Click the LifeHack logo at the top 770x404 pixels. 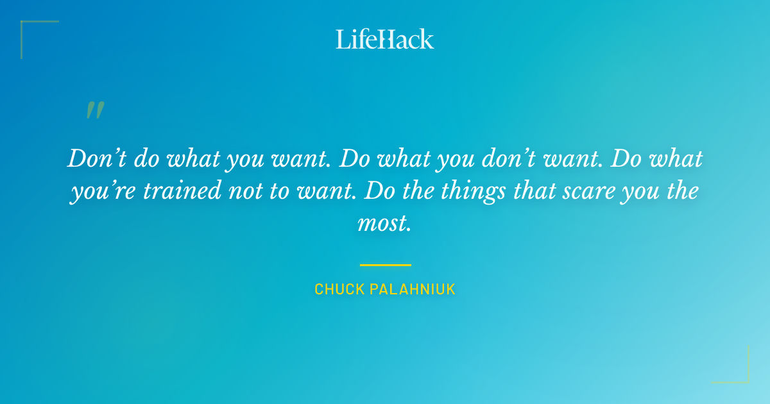pos(385,39)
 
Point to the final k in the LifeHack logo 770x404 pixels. pos(427,39)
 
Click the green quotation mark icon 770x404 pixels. pos(94,110)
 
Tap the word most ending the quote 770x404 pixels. pos(383,223)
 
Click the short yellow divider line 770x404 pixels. pos(385,264)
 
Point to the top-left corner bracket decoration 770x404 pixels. pos(29,29)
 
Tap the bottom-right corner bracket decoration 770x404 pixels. pos(741,375)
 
